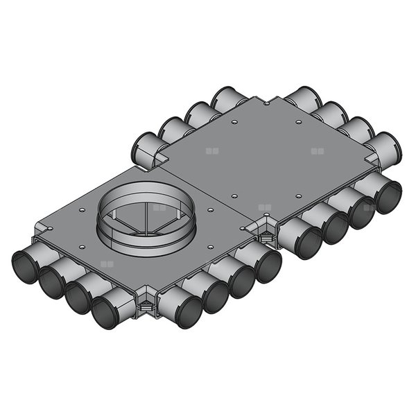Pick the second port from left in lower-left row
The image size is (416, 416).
(x=51, y=281)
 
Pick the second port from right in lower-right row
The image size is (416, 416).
(x=361, y=211)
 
